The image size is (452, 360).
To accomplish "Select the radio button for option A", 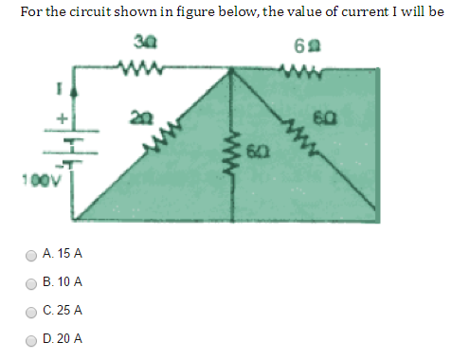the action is click(31, 255).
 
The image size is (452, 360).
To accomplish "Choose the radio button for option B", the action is click(31, 282).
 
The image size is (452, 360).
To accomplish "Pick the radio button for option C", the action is click(31, 311).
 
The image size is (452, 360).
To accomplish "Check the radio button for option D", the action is click(31, 338).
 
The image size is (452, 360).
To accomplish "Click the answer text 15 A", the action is click(70, 255).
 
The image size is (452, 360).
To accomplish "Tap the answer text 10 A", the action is click(70, 282).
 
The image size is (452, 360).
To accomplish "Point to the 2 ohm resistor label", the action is click(141, 117).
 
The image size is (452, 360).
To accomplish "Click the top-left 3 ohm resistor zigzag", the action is click(139, 67).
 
